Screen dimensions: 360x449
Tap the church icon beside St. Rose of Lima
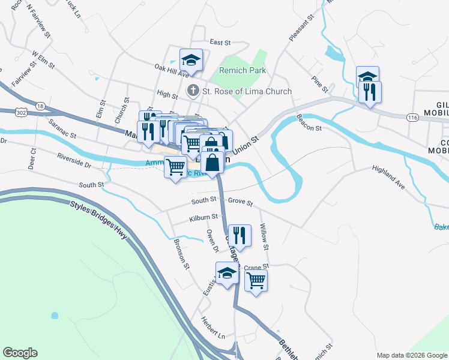tap(193, 91)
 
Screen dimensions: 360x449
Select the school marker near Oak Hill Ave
tap(191, 59)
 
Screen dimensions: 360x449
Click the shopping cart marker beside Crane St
tap(256, 280)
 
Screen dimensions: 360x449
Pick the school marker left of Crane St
tap(227, 273)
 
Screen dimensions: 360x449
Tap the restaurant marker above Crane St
tap(240, 235)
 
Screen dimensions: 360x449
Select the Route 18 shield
tap(40, 106)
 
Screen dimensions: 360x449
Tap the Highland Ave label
tap(388, 178)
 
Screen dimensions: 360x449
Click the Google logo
tap(20, 353)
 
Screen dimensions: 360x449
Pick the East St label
tap(220, 43)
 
